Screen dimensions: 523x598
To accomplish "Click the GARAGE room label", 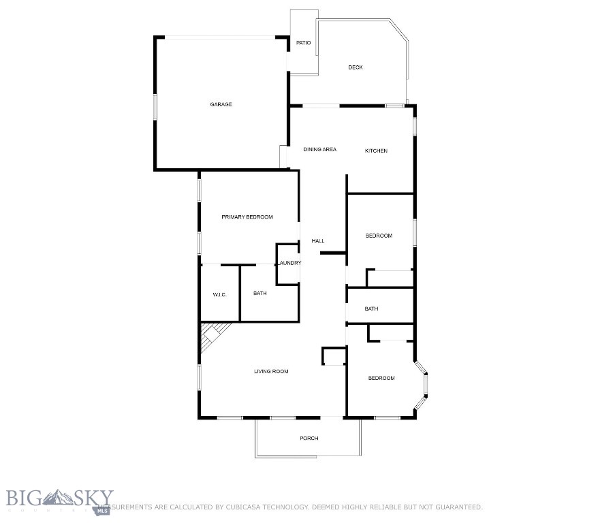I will pos(221,104).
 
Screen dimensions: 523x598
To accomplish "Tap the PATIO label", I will pos(304,44).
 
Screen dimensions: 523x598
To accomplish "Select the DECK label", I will pos(356,67).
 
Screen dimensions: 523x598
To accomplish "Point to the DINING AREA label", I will pos(320,150).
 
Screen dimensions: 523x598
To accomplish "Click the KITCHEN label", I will pos(376,150).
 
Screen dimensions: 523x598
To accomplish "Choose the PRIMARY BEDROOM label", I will pos(247,217).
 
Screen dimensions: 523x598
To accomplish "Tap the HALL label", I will pos(318,241).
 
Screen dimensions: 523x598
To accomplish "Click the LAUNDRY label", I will pos(289,263).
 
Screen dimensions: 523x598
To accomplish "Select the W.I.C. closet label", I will pos(219,294).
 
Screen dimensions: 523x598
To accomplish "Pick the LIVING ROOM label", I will pos(272,371).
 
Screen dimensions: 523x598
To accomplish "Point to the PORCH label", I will pos(309,438).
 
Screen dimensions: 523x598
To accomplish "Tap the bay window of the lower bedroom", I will pos(422,387).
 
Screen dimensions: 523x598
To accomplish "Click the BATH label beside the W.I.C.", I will pos(260,294).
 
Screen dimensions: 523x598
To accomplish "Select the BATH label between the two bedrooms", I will pos(371,309).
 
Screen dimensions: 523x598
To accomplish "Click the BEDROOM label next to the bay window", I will pos(381,378).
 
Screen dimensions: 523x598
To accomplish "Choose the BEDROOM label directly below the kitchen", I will pos(379,236).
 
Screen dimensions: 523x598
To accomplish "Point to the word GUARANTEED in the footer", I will pos(457,507).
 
